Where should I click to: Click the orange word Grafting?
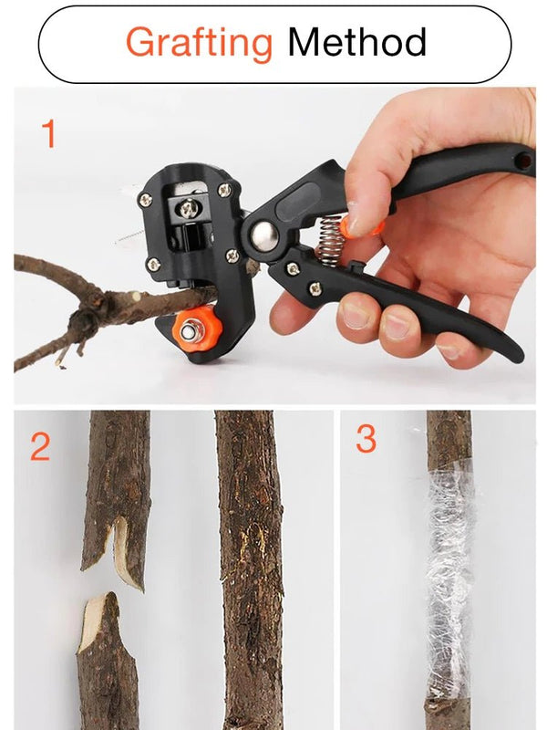point(199,43)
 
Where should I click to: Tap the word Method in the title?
point(356,43)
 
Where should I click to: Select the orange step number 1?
point(49,135)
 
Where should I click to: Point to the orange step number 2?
point(40,447)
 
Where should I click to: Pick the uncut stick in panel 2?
point(249,566)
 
